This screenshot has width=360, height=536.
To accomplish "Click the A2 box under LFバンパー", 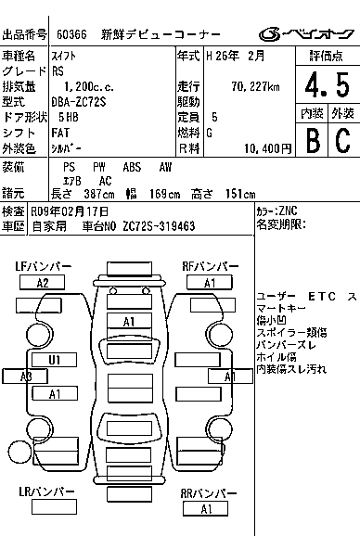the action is coord(42,283).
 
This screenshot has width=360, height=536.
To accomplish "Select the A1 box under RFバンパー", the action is coord(210,283).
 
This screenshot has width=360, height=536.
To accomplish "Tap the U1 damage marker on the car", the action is coord(55,359).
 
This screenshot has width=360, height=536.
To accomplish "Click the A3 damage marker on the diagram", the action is coord(25,376).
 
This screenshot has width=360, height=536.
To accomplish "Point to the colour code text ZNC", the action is coord(287,211).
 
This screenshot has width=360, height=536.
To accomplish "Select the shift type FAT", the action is coord(64,132).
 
